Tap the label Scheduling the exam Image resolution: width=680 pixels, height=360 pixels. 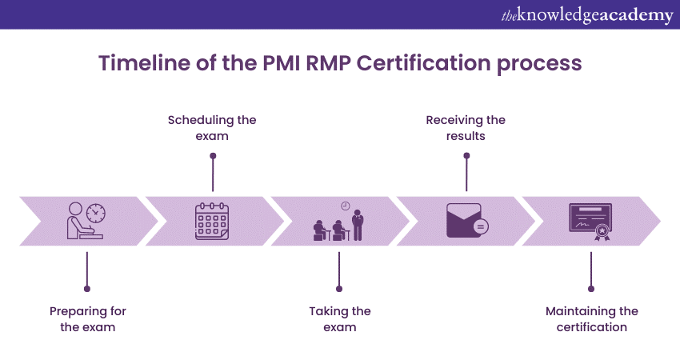coord(212,128)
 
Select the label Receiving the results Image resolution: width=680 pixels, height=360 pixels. coord(466,128)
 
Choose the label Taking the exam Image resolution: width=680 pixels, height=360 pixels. coord(340,318)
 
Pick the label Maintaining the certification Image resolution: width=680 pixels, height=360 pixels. coord(592,318)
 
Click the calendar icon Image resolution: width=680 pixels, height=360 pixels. coord(213,222)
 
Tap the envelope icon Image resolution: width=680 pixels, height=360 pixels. coord(465,221)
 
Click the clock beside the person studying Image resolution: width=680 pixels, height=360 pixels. coord(95,213)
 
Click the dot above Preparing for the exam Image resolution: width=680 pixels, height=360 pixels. coord(86,288)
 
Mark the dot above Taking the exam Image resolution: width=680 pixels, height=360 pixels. coord(339,288)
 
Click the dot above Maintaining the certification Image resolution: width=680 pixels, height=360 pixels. coord(592,288)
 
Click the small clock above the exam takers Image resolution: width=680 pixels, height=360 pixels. coord(345,206)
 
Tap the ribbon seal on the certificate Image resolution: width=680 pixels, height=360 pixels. coord(602,232)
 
